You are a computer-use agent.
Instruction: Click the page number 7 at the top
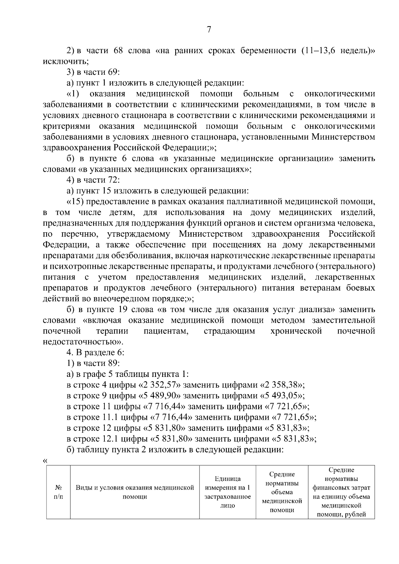[x=209, y=30]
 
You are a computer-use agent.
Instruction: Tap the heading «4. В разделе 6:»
[x=95, y=353]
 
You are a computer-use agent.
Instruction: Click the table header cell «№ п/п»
[x=58, y=493]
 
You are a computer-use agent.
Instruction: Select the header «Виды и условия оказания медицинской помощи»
[x=135, y=493]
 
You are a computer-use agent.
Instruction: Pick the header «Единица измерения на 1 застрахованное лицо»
[x=228, y=493]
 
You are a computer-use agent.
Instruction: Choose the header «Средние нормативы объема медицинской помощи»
[x=282, y=493]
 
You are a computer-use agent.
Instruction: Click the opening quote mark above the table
[x=45, y=461]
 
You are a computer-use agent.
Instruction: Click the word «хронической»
[x=296, y=331]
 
